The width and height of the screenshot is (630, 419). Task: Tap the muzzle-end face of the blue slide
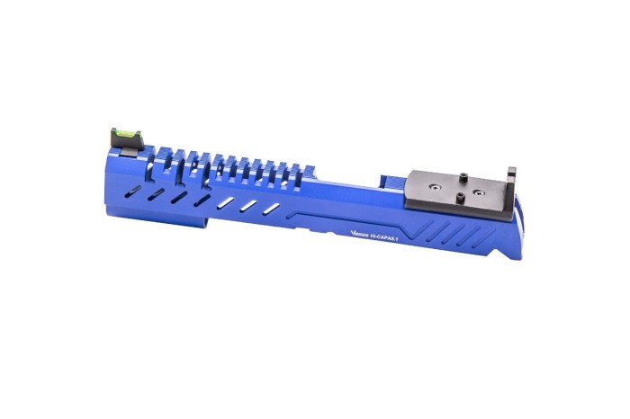[114, 175]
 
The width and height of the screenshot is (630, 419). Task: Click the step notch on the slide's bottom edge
[210, 222]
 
